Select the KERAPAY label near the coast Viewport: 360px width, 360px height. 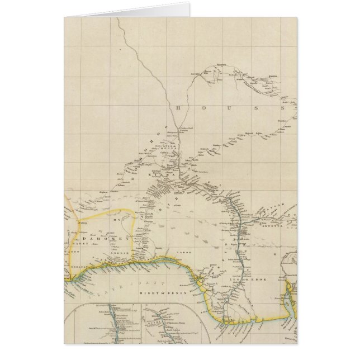(77, 268)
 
